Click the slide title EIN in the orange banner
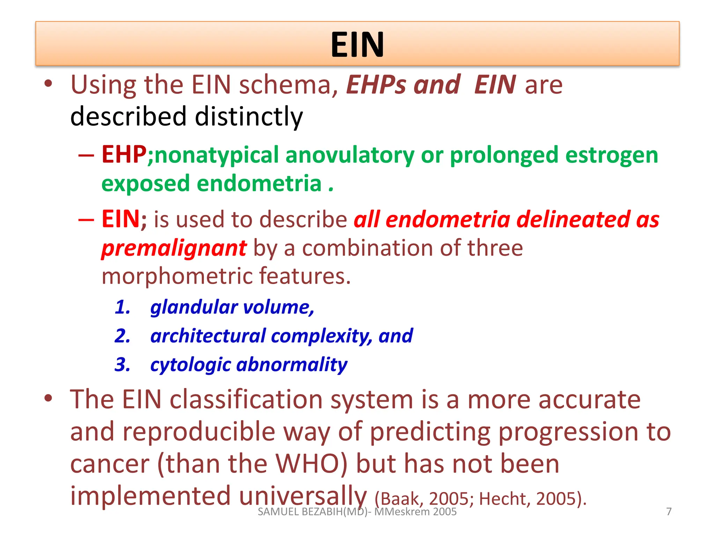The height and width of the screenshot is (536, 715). [x=357, y=44]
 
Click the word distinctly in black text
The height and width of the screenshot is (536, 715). [x=249, y=116]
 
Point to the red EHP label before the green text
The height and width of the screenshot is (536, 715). [x=124, y=155]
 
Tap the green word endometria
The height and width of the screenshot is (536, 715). [x=259, y=184]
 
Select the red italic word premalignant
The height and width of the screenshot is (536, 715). [x=174, y=248]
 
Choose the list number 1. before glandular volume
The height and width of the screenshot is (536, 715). [x=123, y=307]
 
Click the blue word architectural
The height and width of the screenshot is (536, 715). [x=208, y=336]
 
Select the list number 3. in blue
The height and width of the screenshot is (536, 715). [x=123, y=365]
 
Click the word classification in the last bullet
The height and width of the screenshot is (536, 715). [x=246, y=400]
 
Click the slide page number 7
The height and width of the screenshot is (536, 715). [x=669, y=512]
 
